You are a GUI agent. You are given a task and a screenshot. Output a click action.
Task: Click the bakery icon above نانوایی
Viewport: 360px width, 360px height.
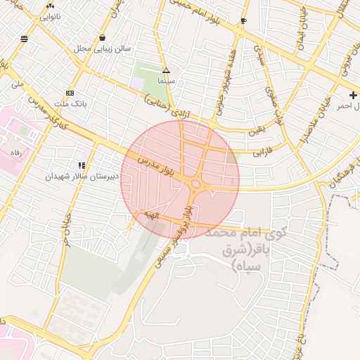50,5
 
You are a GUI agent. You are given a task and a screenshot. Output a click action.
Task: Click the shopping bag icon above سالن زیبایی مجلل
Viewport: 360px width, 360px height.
103,38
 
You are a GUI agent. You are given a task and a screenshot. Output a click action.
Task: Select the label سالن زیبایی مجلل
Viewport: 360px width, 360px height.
102,49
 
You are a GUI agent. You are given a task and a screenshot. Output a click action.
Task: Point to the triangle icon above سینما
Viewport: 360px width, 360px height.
167,70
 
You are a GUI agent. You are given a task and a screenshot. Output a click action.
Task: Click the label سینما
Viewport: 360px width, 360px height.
166,81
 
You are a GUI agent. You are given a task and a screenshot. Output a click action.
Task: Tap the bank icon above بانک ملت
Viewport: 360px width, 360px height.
70,93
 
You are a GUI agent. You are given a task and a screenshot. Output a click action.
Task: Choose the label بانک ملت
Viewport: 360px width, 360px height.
70,103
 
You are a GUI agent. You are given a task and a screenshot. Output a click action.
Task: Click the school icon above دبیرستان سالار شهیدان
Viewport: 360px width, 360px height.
82,165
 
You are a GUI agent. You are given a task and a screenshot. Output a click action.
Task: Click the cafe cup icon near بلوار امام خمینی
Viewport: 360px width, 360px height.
243,21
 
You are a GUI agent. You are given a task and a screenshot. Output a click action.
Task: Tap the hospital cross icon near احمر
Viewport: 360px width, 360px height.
353,95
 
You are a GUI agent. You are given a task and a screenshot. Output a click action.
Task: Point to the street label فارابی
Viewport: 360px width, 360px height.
262,150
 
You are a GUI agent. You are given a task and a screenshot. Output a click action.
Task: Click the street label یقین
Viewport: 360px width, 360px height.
257,131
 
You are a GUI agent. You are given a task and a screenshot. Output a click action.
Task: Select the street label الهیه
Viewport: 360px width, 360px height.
153,214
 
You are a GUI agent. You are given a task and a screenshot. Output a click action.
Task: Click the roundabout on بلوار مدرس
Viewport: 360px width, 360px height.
196,185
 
